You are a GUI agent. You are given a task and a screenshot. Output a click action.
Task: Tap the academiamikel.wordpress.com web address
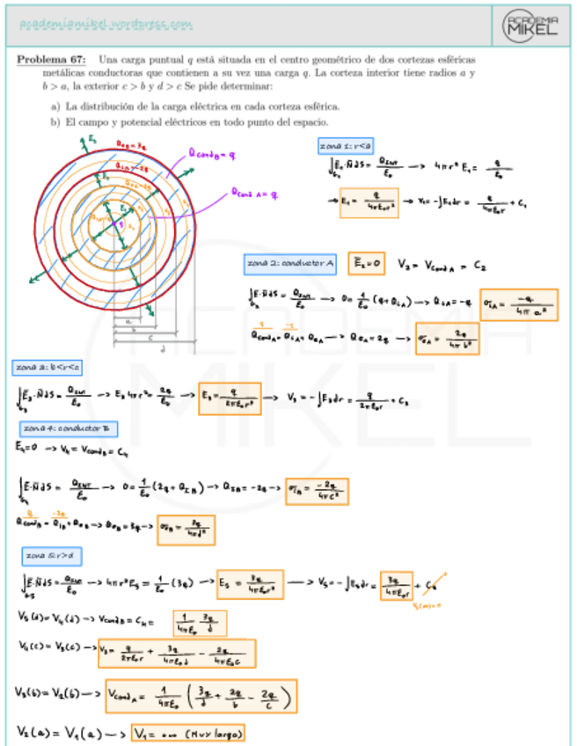(x=106, y=25)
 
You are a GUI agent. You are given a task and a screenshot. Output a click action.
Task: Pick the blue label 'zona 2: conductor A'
(x=289, y=262)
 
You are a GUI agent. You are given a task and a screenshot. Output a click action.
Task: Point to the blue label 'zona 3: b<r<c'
(x=47, y=366)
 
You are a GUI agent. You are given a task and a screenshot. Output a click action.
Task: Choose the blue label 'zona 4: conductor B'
(x=69, y=428)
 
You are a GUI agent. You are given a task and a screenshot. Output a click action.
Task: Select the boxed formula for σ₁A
(x=519, y=304)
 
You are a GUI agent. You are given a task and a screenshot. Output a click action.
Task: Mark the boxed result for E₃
(x=230, y=399)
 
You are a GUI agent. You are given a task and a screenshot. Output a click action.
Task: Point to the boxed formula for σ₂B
(x=186, y=529)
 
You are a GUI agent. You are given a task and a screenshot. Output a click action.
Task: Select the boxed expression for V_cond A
(x=201, y=698)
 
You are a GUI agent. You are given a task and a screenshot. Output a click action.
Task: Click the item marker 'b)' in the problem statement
(x=55, y=121)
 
